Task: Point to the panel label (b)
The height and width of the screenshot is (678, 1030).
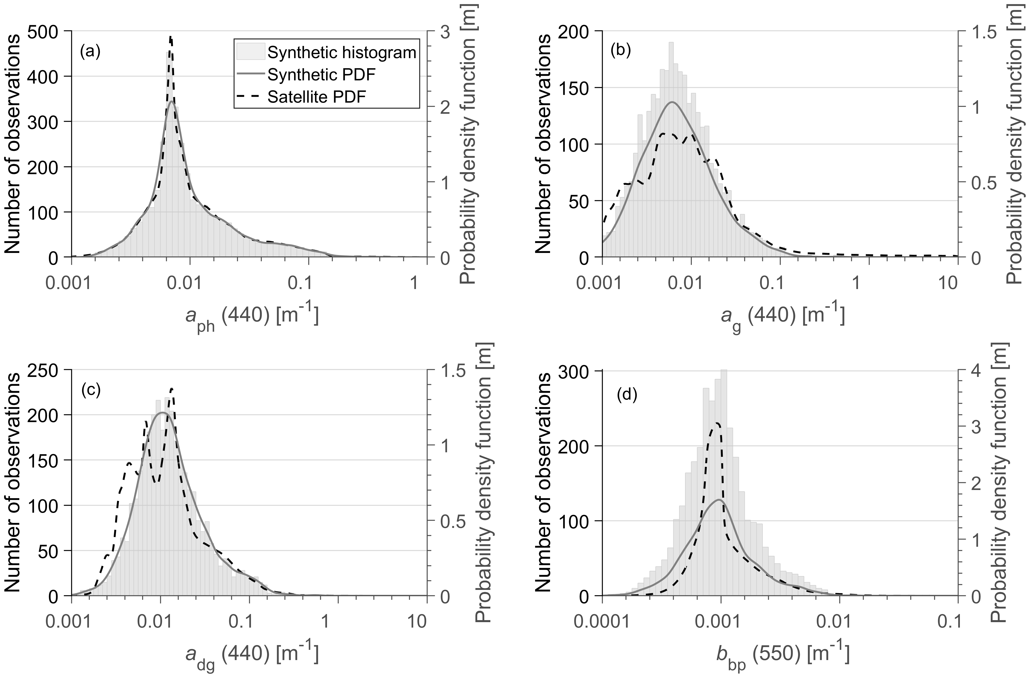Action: click(x=621, y=52)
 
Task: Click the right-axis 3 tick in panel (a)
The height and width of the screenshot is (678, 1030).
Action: click(x=446, y=31)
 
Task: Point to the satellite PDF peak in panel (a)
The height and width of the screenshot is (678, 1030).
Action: click(x=170, y=37)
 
